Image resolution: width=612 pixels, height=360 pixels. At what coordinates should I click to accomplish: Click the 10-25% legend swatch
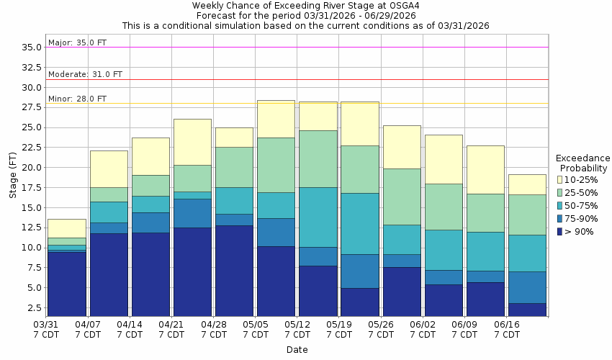click(x=560, y=179)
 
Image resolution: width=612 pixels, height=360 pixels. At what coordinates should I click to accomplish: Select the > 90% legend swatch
click(x=560, y=231)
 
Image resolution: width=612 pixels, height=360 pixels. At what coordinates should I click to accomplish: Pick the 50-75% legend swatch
click(x=560, y=205)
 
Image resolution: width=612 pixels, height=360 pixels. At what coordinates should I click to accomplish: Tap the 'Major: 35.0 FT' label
click(x=77, y=42)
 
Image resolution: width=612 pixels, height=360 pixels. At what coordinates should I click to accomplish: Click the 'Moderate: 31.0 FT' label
click(x=85, y=74)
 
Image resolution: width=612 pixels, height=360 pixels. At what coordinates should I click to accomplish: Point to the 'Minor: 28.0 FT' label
click(x=77, y=99)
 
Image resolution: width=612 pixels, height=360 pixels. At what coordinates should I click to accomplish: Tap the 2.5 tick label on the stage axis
click(x=33, y=308)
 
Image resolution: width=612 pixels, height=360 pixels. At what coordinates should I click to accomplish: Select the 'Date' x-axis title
click(x=297, y=350)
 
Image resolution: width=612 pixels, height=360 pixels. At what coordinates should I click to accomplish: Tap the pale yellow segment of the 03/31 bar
click(x=67, y=228)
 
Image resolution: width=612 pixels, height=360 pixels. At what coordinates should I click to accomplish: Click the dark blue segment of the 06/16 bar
click(x=527, y=310)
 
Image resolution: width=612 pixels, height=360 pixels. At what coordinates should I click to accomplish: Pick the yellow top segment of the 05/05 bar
click(x=276, y=119)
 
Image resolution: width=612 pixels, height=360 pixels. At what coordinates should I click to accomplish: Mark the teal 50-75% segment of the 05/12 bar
click(x=318, y=217)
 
